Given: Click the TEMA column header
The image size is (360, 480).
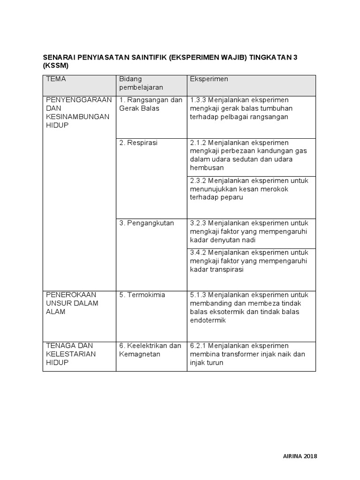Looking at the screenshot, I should click(56, 79).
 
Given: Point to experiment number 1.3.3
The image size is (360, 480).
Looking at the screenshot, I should click(198, 100).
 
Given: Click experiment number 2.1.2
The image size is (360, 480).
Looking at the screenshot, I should click(198, 142).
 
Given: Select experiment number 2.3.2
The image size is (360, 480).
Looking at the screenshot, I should click(198, 180).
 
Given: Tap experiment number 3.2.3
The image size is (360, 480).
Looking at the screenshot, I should click(198, 223).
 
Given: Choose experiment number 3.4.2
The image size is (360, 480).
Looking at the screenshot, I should click(198, 253).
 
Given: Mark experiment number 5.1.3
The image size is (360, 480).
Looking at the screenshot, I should click(198, 295).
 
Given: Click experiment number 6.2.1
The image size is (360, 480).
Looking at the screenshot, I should click(198, 346).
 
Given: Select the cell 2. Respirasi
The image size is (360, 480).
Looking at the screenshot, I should click(138, 142).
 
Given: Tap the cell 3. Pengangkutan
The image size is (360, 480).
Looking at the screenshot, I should click(146, 223).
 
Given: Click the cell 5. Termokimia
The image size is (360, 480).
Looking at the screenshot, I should click(142, 295).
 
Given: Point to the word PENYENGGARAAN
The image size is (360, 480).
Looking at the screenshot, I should click(79, 100).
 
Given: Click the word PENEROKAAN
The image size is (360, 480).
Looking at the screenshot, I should click(71, 294).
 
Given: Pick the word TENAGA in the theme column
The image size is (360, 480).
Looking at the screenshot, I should click(59, 346).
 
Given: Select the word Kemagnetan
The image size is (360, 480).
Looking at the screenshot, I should click(140, 354).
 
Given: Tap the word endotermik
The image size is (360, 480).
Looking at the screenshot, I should click(208, 321).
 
